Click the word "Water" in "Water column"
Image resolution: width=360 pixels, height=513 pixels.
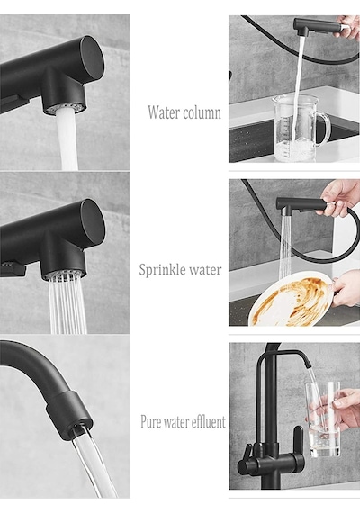pyautogui.click(x=164, y=112)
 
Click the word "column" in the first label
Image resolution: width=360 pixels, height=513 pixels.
pyautogui.click(x=202, y=112)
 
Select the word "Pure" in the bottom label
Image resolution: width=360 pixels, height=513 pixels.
pyautogui.click(x=151, y=421)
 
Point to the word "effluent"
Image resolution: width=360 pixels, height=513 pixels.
pyautogui.click(x=208, y=421)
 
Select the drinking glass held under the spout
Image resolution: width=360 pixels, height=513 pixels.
pyautogui.click(x=323, y=418)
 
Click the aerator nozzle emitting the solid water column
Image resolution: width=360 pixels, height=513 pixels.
pyautogui.click(x=67, y=108)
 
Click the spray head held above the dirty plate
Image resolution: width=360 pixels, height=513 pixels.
pyautogui.click(x=301, y=205)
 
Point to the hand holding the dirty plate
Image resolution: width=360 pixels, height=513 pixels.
pyautogui.click(x=346, y=290)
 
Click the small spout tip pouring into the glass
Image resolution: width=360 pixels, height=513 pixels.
pyautogui.click(x=308, y=364)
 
